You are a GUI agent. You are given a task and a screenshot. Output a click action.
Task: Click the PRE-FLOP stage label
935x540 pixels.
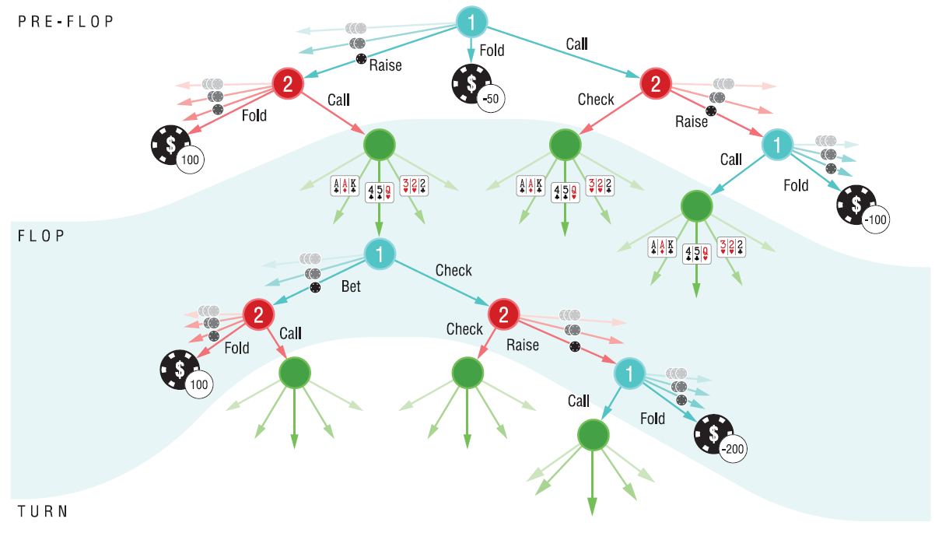[66, 21]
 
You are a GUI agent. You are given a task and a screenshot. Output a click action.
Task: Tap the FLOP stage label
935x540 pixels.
[43, 235]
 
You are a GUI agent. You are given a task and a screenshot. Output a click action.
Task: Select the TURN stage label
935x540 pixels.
[43, 511]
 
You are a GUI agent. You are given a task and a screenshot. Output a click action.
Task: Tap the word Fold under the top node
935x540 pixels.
[492, 51]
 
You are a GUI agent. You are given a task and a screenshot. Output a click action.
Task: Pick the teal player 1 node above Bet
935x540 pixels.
[380, 254]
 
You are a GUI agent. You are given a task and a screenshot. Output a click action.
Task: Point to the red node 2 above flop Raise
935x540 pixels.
[503, 314]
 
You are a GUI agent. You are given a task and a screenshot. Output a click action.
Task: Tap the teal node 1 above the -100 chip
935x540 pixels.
[777, 144]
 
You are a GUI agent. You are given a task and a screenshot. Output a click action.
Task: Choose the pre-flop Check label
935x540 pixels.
[596, 100]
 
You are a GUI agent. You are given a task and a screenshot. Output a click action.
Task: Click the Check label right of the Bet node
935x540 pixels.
[453, 271]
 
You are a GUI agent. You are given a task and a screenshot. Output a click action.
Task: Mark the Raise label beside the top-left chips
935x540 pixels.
[385, 65]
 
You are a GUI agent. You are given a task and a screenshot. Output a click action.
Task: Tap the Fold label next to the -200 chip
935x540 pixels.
[653, 419]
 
